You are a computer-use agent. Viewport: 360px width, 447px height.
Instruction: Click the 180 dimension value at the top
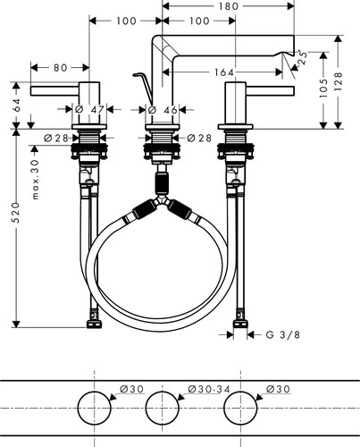(x=229, y=6)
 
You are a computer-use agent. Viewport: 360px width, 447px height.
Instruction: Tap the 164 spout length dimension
(x=224, y=72)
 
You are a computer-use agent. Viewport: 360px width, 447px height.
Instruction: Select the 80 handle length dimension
(x=61, y=68)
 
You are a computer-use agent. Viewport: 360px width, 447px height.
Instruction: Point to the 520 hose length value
(x=15, y=213)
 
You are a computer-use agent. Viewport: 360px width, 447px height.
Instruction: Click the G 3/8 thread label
(x=283, y=335)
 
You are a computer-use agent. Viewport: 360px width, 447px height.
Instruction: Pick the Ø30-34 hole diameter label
(x=209, y=389)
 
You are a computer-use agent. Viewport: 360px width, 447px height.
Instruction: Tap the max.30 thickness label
(x=35, y=180)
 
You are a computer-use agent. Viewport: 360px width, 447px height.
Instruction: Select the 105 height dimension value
(x=322, y=89)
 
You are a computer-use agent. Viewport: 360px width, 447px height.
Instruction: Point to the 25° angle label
(x=303, y=58)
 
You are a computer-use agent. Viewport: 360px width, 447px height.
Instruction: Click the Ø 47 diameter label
(x=89, y=110)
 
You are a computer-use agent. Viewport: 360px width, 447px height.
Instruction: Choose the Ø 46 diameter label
(x=163, y=110)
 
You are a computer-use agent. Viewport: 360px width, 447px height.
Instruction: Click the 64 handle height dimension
(x=16, y=105)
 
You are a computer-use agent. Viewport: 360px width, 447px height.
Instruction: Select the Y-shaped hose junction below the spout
(x=163, y=200)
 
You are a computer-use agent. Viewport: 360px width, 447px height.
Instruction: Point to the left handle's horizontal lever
(x=55, y=91)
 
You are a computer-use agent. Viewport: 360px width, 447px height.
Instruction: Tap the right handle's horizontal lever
(x=270, y=91)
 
